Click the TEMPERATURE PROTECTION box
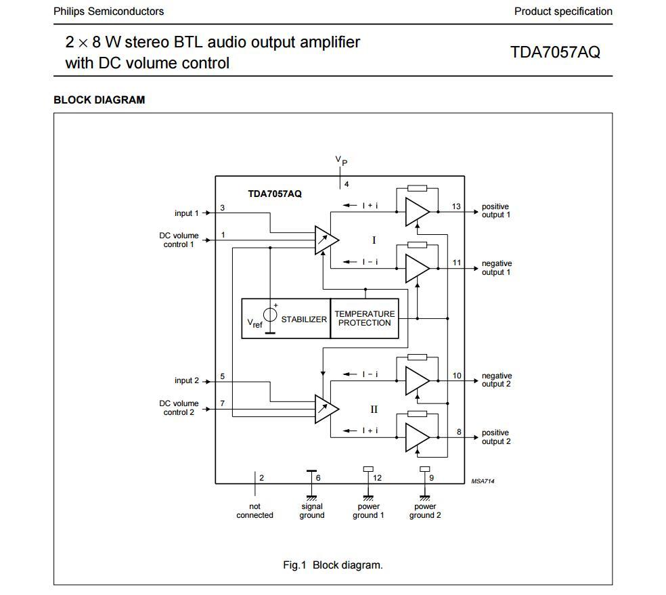click(364, 318)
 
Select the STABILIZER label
click(304, 319)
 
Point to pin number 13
click(457, 206)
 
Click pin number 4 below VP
click(347, 184)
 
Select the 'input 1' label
click(187, 213)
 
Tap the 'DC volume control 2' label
click(179, 407)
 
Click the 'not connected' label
click(254, 511)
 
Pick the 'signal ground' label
click(312, 511)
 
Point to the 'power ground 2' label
click(425, 511)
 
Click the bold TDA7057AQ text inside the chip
click(275, 194)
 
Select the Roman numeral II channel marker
click(374, 410)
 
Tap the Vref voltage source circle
click(270, 315)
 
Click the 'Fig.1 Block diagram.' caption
click(332, 565)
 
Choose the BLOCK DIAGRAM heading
click(99, 100)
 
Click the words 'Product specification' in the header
click(563, 12)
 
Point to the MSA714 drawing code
click(483, 481)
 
